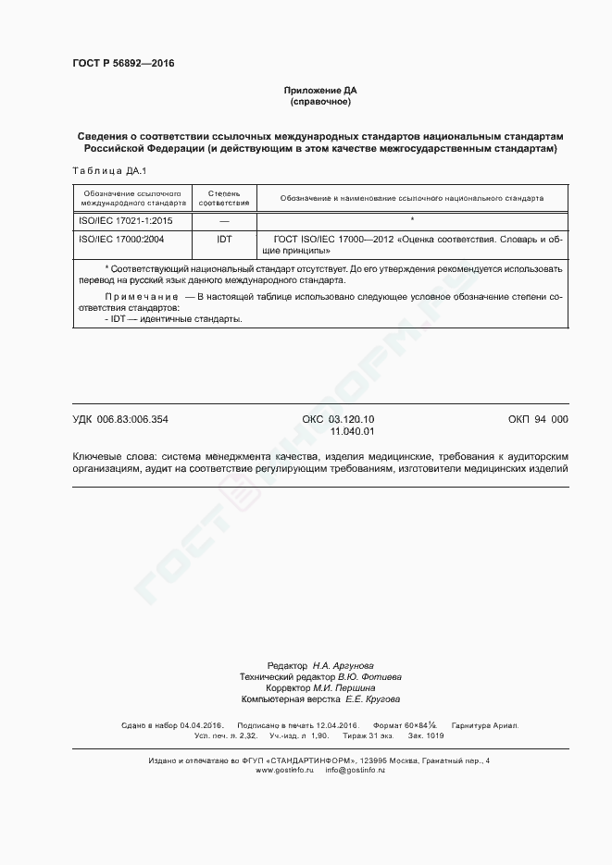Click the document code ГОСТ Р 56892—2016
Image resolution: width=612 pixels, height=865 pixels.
[123, 64]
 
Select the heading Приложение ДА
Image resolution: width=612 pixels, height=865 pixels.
[320, 90]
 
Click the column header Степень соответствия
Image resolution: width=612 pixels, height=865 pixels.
[224, 197]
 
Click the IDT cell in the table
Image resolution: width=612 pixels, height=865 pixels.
[224, 239]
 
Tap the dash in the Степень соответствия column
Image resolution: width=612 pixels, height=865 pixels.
[224, 221]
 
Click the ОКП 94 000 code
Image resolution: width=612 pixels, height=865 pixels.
[538, 419]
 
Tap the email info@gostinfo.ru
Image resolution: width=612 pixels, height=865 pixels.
[356, 770]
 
